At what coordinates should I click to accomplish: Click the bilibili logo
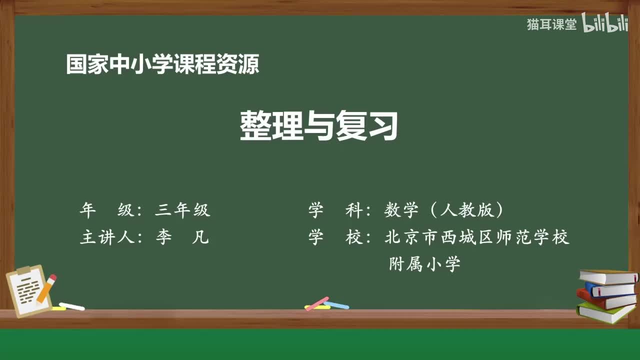pos(605,24)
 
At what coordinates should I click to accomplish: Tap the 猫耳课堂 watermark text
pos(551,24)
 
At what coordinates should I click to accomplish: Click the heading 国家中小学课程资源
pos(162,64)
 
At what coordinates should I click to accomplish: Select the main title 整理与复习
pos(319,125)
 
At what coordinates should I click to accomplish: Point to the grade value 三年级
pos(182,210)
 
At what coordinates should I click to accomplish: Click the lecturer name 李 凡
pos(182,237)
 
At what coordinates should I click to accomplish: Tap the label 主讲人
pos(107,237)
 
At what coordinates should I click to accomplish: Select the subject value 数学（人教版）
pos(444,210)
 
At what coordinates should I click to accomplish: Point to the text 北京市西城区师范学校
pos(477,237)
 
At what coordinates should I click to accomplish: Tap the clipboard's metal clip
pos(23,270)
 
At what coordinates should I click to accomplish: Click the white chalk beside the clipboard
pos(71,306)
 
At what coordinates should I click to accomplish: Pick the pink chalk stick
pos(317,303)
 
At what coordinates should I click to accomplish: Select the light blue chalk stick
pos(337,304)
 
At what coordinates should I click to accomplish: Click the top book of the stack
pos(608,276)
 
